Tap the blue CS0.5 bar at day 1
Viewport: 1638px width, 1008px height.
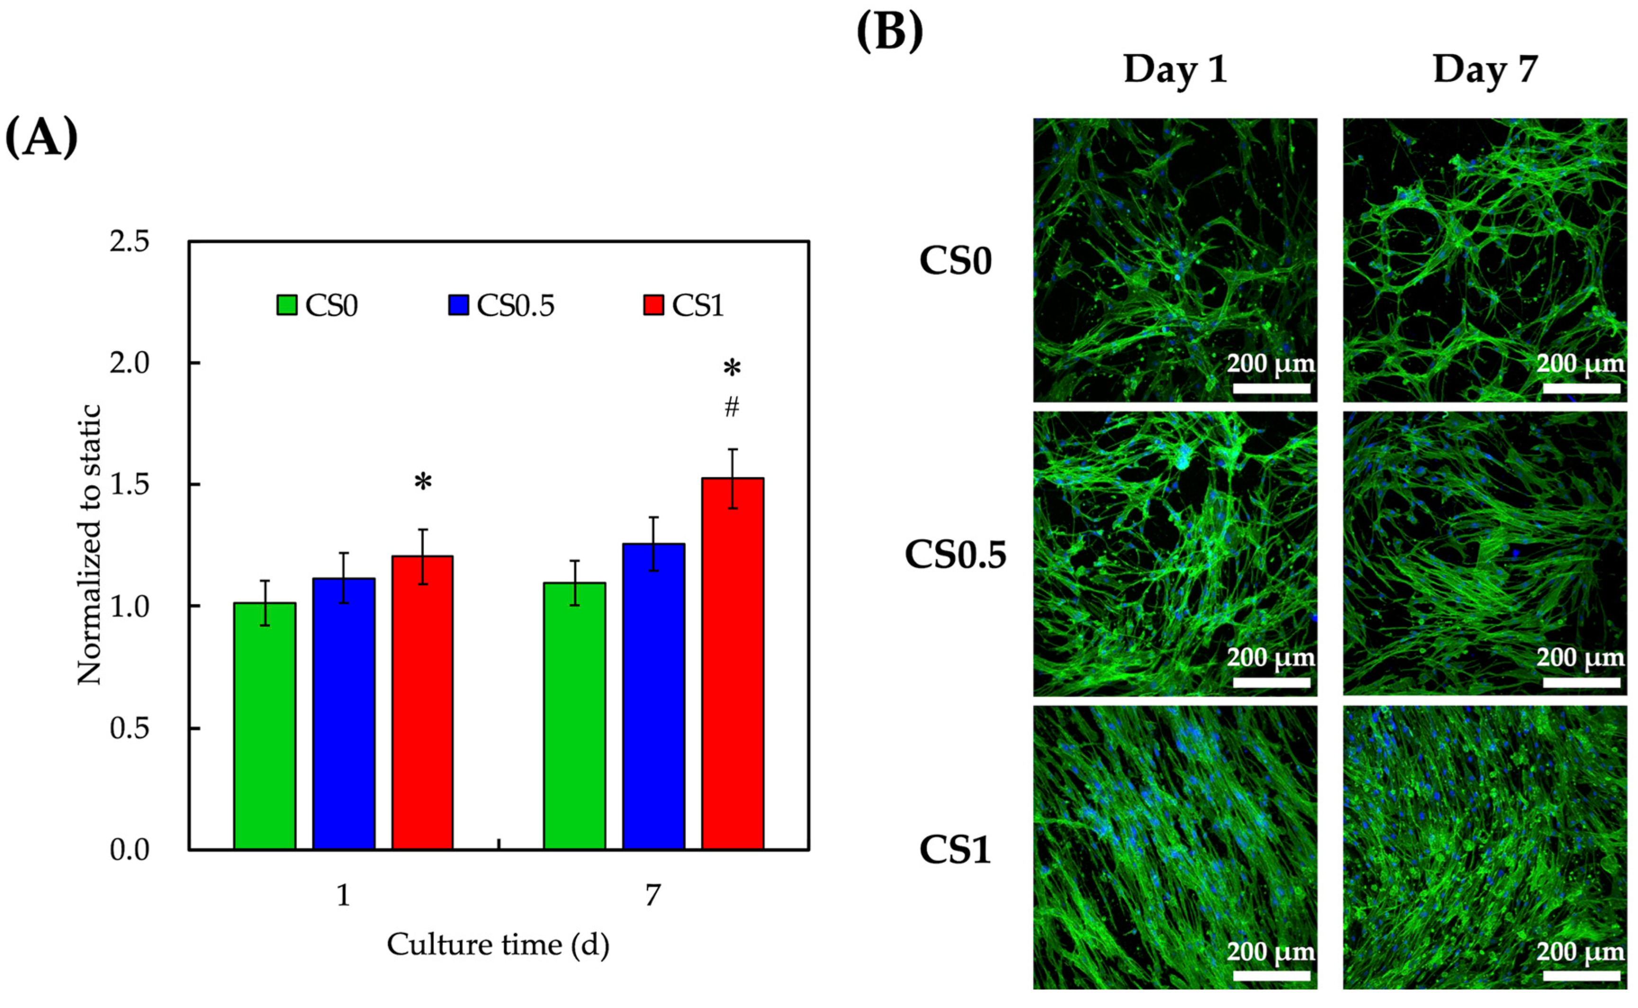coord(343,713)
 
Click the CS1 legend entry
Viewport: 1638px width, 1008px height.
coord(684,306)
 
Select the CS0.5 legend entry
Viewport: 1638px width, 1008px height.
coord(501,306)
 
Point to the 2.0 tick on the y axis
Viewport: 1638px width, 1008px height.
coord(129,363)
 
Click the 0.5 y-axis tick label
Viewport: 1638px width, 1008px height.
coord(129,728)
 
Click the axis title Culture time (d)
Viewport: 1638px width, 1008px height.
coord(498,945)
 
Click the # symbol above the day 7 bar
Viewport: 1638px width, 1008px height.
coord(732,406)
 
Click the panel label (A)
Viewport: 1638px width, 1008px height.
coord(41,137)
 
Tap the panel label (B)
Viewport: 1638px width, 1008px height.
coord(889,31)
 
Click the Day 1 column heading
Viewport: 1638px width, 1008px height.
coord(1175,69)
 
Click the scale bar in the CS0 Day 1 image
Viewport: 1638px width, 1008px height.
coord(1271,388)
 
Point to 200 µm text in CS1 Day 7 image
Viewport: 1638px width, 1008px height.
coord(1580,951)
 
